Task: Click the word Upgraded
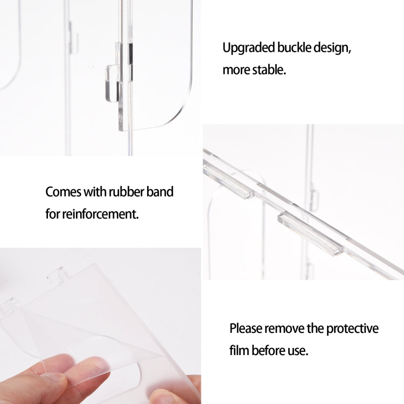pos(248,48)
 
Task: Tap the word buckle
pos(294,47)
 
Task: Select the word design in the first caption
pos(332,48)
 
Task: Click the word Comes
pos(63,192)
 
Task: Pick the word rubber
pos(126,192)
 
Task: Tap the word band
pos(160,192)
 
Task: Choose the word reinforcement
pos(100,214)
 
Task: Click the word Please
pos(246,329)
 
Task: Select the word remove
pos(284,329)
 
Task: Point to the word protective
pos(352,329)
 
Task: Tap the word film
pos(239,351)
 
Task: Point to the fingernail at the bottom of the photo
pos(161,397)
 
